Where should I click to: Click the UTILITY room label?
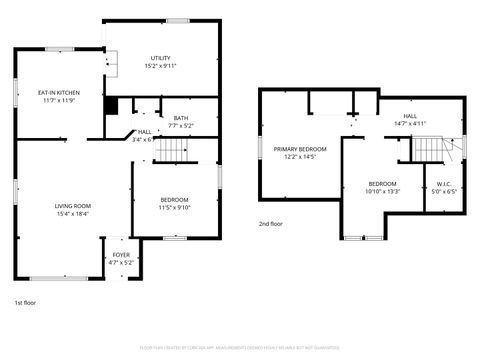160,58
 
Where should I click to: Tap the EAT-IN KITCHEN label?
60,92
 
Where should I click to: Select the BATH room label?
180,118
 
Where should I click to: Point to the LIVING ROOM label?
72,206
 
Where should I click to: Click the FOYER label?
121,255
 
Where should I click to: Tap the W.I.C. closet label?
445,184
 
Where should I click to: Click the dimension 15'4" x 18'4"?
72,214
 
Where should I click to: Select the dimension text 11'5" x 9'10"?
174,208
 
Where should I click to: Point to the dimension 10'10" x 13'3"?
382,192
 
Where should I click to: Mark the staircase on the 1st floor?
175,150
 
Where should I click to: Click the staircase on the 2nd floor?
429,149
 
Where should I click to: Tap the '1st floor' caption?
25,302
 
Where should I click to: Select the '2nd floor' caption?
270,224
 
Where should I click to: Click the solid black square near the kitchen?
111,104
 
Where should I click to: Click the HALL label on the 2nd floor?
410,116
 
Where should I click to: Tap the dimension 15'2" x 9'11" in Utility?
160,66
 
